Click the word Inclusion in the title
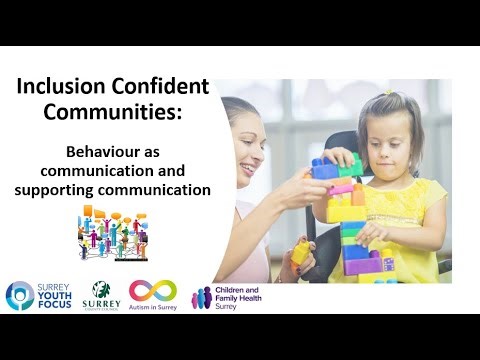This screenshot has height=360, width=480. click(x=58, y=87)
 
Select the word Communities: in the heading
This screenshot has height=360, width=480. click(x=113, y=113)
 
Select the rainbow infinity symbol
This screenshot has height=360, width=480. click(x=152, y=290)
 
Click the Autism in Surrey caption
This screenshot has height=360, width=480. click(x=152, y=308)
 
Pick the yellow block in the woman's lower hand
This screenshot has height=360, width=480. click(x=299, y=250)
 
